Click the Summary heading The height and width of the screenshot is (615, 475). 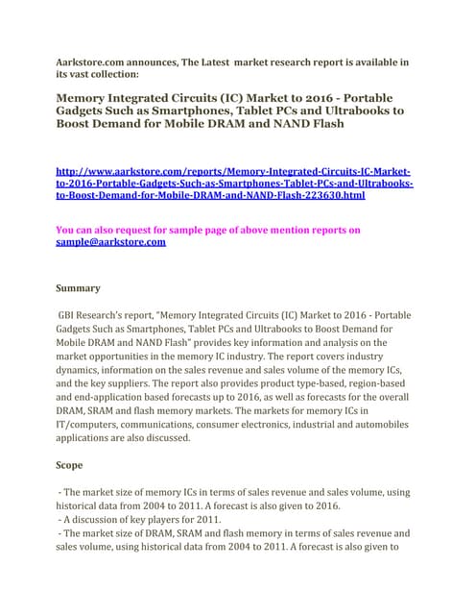[x=79, y=287]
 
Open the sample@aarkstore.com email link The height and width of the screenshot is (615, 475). [x=110, y=243]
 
